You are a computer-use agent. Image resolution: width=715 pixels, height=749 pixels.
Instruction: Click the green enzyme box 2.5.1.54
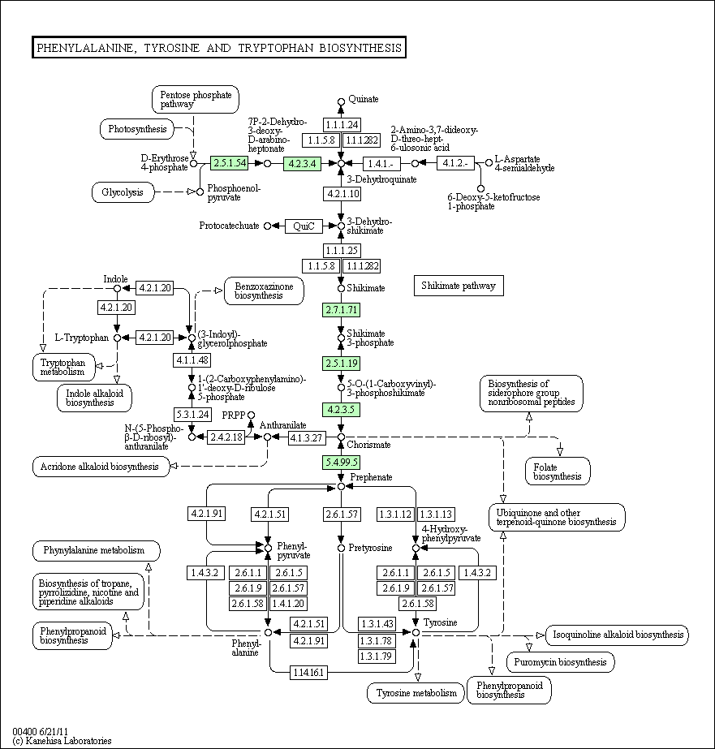[x=229, y=163]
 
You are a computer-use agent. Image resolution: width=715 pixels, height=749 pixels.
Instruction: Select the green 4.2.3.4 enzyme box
[x=303, y=164]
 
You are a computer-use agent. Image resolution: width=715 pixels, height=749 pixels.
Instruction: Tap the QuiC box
[x=304, y=226]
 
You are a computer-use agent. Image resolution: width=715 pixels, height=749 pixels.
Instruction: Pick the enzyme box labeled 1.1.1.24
[x=342, y=125]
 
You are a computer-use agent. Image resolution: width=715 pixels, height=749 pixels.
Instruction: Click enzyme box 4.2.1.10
[x=342, y=194]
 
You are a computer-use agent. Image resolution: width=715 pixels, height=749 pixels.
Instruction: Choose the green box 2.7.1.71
[x=342, y=310]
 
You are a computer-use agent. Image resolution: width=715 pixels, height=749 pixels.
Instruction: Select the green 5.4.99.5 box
[x=342, y=463]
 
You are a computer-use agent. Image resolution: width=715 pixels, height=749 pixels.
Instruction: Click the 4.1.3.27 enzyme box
[x=307, y=437]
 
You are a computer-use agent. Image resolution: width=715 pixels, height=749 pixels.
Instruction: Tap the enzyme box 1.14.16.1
[x=308, y=673]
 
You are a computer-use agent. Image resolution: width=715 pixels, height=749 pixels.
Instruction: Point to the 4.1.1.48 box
[x=192, y=360]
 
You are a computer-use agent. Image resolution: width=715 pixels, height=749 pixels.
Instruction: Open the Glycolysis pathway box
[x=123, y=192]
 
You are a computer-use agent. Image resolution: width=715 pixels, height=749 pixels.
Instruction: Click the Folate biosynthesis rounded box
[x=558, y=471]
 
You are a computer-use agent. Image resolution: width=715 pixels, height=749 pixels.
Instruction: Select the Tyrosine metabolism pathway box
[x=416, y=693]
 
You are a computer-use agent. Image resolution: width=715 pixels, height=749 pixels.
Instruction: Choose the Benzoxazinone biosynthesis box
[x=264, y=291]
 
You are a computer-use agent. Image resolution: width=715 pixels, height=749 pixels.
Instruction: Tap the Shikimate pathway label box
[x=459, y=286]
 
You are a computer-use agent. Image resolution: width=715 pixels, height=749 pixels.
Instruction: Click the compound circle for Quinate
[x=341, y=101]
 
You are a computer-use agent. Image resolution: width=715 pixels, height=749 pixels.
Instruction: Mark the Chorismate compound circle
[x=341, y=437]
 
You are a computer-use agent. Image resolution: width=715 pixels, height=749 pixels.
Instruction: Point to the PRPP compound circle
[x=252, y=415]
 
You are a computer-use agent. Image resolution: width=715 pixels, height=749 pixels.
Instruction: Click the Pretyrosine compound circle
[x=341, y=549]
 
